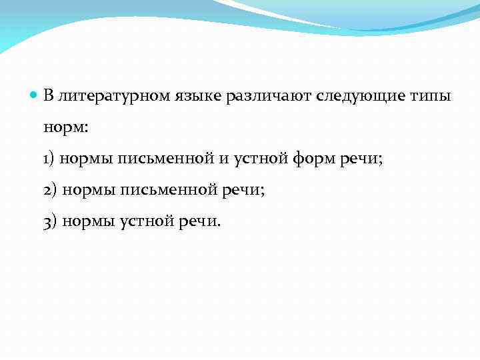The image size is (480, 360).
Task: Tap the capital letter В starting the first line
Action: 48,96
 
